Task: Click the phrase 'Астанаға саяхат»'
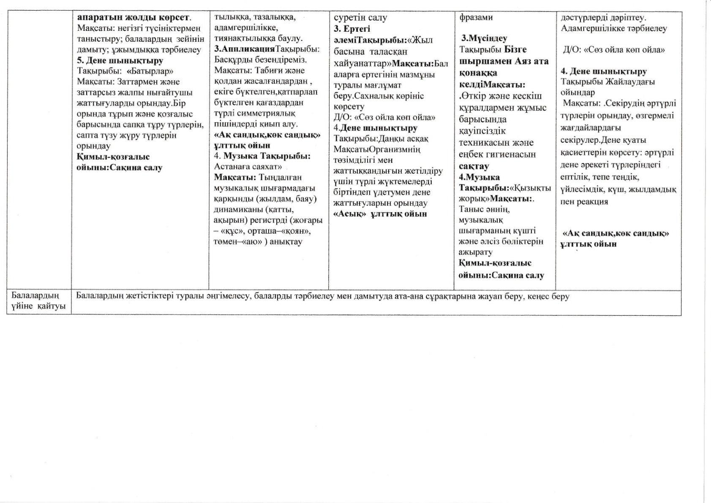pos(248,167)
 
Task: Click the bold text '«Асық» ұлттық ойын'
pos(380,214)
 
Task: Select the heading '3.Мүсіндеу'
pos(484,38)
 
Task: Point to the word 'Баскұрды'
pos(235,60)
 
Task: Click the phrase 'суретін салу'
pos(360,18)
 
